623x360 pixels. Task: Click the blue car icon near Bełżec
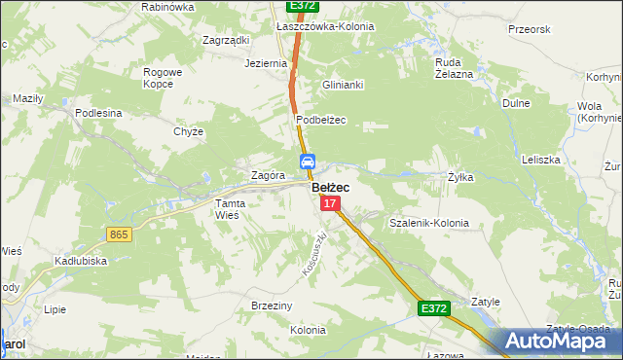tap(306, 162)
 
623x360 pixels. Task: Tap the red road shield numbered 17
tap(331, 203)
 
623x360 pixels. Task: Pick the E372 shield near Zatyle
tap(434, 308)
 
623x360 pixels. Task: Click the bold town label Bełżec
tap(331, 187)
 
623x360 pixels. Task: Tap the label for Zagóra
tap(267, 176)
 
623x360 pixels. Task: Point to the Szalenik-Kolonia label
tap(428, 223)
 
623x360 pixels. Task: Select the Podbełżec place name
tap(321, 120)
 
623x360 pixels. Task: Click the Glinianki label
tap(343, 85)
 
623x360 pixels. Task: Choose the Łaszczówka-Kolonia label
tap(325, 26)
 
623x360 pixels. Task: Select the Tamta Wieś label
tap(234, 208)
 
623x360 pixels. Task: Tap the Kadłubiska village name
tap(81, 261)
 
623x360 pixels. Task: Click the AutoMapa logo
tap(557, 342)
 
